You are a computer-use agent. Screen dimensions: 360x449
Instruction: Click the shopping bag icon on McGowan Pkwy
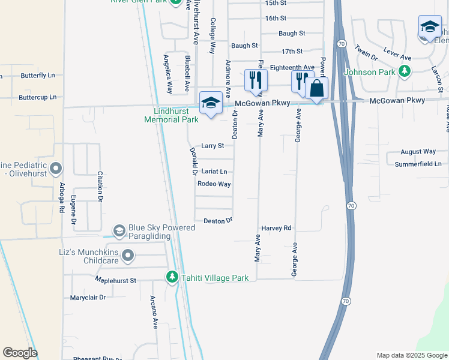[x=316, y=89]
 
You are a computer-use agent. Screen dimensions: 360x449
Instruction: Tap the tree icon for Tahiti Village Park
[x=172, y=277]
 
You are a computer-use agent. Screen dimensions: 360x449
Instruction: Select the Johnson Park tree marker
[x=405, y=72]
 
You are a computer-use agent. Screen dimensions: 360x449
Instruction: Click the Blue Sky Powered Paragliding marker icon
[x=119, y=230]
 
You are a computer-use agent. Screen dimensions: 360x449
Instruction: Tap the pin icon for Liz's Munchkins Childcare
[x=127, y=256]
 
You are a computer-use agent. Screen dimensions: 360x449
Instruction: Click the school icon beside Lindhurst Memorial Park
[x=211, y=103]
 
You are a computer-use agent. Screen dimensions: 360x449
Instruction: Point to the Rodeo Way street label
[x=214, y=184]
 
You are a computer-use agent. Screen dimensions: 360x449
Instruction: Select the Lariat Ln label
[x=214, y=172]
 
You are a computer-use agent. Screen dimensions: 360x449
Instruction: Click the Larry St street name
[x=212, y=146]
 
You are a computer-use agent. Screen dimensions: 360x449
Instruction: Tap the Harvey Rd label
[x=276, y=229]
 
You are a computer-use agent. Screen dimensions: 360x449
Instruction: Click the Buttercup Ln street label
[x=37, y=97]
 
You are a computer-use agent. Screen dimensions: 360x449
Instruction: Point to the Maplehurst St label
[x=116, y=280]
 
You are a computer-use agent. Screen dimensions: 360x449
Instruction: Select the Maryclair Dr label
[x=88, y=298]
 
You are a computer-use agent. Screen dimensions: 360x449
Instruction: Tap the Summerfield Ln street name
[x=421, y=164]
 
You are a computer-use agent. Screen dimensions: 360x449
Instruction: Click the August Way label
[x=418, y=152]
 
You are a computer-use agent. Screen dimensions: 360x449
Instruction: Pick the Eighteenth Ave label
[x=292, y=67]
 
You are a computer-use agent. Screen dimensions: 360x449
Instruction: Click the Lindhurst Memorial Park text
[x=171, y=115]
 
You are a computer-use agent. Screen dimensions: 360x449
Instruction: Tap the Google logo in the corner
[x=20, y=353]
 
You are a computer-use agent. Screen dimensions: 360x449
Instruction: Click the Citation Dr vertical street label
[x=100, y=188]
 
